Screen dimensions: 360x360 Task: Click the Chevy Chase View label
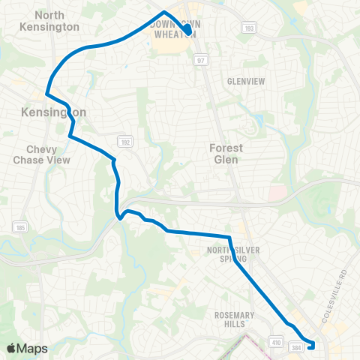41,154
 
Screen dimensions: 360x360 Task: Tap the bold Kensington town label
54,112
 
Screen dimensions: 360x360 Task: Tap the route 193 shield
247,27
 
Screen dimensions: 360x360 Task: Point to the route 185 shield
19,226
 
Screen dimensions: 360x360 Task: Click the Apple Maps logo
26,348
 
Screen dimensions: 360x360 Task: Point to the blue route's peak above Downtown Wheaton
164,12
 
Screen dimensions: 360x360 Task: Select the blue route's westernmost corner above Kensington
47,94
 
